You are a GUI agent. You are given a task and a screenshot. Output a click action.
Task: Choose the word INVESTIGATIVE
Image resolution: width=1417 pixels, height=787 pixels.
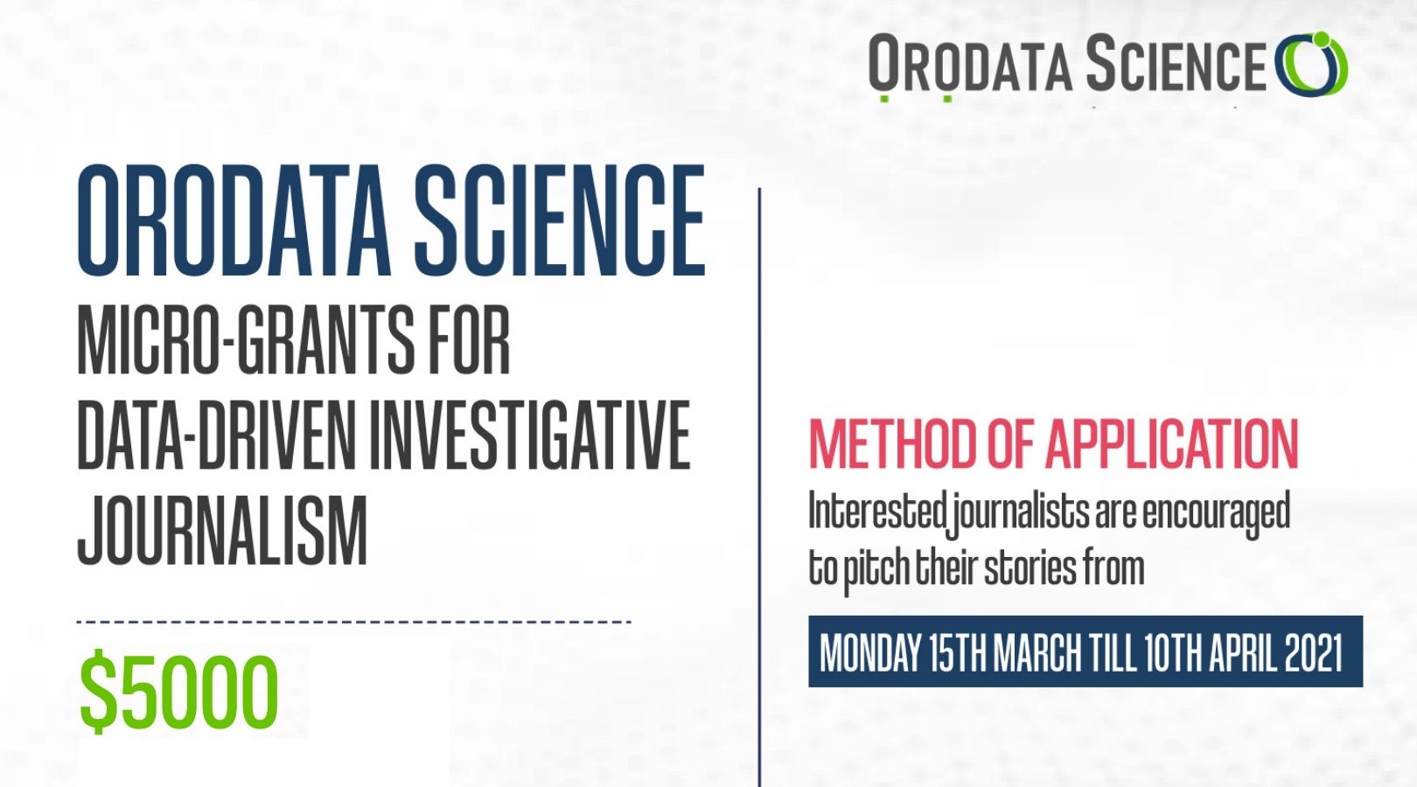tap(530, 435)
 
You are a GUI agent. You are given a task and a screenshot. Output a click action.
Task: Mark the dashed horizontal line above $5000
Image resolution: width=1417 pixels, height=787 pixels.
tap(354, 622)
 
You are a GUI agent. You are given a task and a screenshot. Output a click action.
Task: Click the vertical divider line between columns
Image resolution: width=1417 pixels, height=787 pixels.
tap(759, 487)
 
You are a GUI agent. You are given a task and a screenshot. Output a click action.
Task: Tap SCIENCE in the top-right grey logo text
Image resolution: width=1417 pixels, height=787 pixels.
tap(1176, 63)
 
